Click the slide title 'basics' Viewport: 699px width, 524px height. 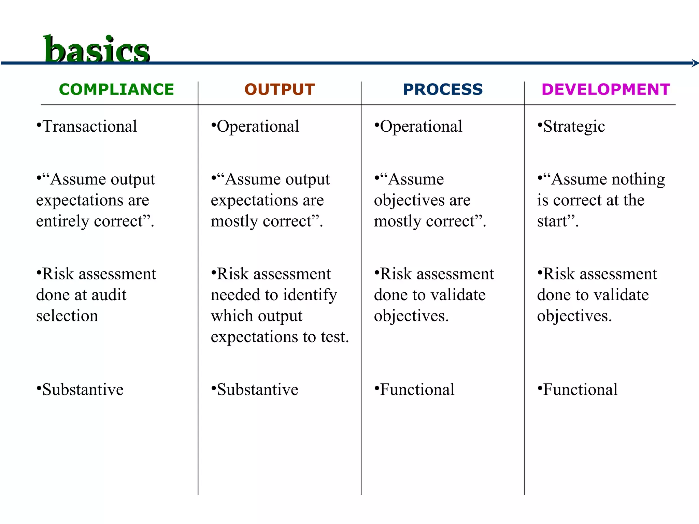coord(96,50)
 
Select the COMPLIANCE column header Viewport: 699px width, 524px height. coord(116,90)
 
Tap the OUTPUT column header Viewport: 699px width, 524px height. coord(280,90)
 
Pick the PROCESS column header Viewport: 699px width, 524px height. coord(443,90)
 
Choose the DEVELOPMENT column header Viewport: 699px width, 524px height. coord(606,90)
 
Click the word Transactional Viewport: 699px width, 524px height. coord(89,127)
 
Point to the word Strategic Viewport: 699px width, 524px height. coord(574,127)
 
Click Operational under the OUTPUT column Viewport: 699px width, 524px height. coord(258,127)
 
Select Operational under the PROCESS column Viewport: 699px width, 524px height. coord(421,127)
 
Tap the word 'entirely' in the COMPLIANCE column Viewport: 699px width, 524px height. coord(63,221)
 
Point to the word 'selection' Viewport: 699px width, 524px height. coord(67,316)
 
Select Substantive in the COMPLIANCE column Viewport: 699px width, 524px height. coord(83,390)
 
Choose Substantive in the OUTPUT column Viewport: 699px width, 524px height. coord(257,390)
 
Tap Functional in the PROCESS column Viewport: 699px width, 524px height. coord(417,390)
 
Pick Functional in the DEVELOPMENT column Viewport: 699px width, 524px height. coord(580,390)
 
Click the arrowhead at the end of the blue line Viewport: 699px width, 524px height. coord(695,63)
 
